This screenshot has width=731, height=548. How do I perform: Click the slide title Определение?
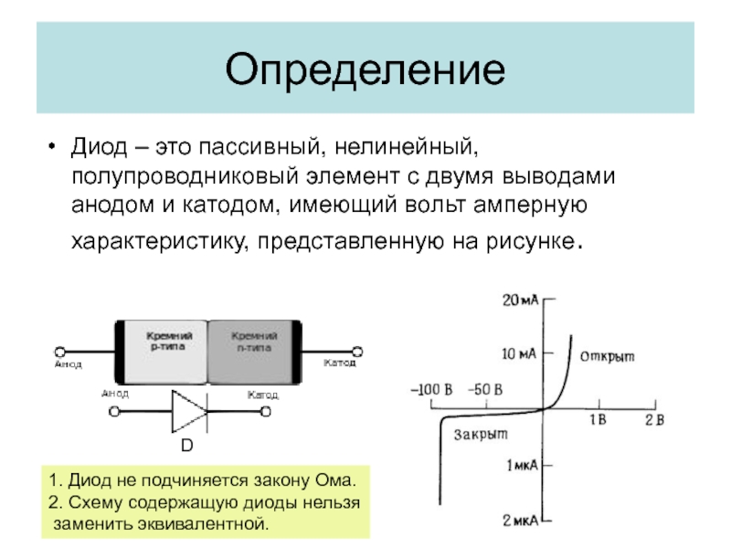pyautogui.click(x=365, y=70)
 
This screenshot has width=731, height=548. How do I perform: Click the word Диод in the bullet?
pyautogui.click(x=99, y=147)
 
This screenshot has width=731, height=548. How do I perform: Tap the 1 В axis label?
pyautogui.click(x=597, y=419)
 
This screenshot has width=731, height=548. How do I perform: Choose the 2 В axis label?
pyautogui.click(x=654, y=419)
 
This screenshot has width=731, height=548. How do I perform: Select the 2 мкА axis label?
pyautogui.click(x=521, y=520)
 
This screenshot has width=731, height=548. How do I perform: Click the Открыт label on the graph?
pyautogui.click(x=608, y=355)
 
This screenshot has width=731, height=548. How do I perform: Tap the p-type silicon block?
pyautogui.click(x=167, y=352)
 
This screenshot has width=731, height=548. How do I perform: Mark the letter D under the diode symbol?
pyautogui.click(x=185, y=446)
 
